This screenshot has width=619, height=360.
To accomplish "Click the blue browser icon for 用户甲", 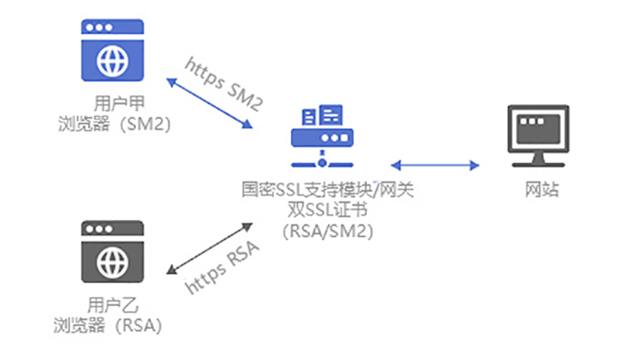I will click(114, 50).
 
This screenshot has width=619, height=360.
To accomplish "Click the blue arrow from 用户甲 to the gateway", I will click(210, 102).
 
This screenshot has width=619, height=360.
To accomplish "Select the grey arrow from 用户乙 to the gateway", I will click(210, 248).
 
